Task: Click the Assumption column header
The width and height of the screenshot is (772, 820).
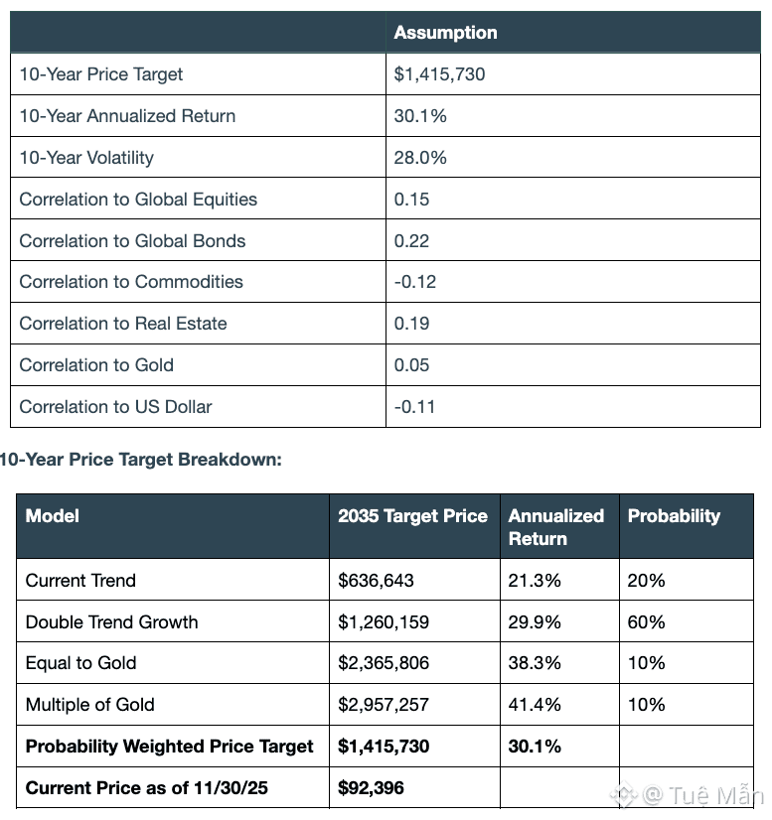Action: [445, 33]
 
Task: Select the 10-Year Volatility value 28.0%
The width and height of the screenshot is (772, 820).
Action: [420, 158]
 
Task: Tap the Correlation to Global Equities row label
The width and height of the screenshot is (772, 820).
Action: [138, 200]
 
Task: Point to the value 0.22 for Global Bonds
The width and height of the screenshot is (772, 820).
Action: [411, 241]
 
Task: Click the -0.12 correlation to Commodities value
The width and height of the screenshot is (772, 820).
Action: [414, 282]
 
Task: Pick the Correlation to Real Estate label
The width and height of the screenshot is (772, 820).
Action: [123, 324]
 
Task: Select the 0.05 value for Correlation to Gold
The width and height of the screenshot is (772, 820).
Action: [411, 365]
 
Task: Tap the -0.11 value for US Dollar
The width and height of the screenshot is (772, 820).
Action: [414, 407]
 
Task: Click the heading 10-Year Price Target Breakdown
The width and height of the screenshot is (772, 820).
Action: [141, 460]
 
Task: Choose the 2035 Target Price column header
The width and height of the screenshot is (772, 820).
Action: [412, 516]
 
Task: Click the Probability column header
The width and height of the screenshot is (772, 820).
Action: [674, 516]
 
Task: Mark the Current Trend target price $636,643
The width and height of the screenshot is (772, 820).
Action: [376, 581]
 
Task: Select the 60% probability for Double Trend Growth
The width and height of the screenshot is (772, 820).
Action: [646, 622]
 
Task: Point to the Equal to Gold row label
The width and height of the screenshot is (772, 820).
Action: [81, 663]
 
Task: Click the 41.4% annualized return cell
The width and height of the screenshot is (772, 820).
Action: [535, 705]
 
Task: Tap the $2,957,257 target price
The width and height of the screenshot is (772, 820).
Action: [384, 705]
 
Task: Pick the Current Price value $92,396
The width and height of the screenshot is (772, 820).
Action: [371, 788]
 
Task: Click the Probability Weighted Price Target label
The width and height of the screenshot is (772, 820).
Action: [170, 747]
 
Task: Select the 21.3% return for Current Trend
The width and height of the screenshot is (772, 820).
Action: [535, 581]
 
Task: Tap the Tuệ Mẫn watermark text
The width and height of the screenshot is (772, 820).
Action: [714, 795]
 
